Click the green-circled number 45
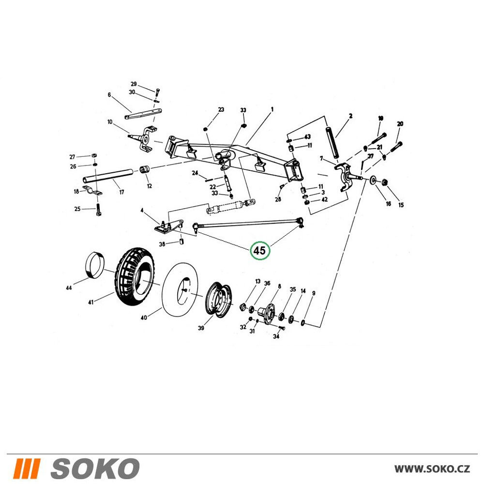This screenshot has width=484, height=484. (260, 251)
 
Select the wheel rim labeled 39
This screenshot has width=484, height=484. (219, 300)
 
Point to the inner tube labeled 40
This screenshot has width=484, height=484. (181, 289)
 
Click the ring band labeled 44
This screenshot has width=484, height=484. (95, 265)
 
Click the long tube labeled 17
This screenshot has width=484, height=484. (108, 175)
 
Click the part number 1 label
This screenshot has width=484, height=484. (272, 109)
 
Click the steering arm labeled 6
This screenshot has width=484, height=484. (144, 113)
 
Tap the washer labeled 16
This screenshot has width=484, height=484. (373, 180)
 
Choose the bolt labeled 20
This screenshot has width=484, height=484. (396, 147)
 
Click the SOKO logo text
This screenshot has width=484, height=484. (95, 469)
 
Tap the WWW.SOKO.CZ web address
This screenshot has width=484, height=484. (432, 469)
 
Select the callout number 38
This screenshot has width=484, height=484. (162, 244)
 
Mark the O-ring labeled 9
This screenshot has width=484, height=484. (303, 322)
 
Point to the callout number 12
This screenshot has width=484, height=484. (150, 186)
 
